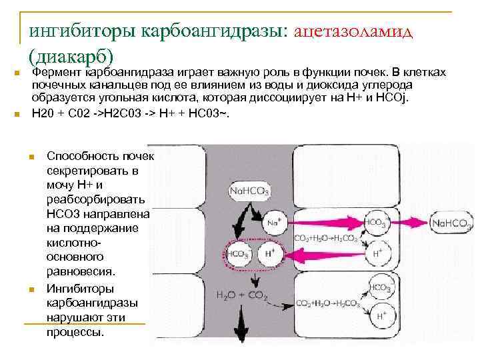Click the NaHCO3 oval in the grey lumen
tap(249, 192)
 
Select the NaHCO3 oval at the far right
tap(451, 223)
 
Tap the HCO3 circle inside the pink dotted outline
tap(238, 254)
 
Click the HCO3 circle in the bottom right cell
tap(380, 287)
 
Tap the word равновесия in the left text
tap(81, 271)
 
